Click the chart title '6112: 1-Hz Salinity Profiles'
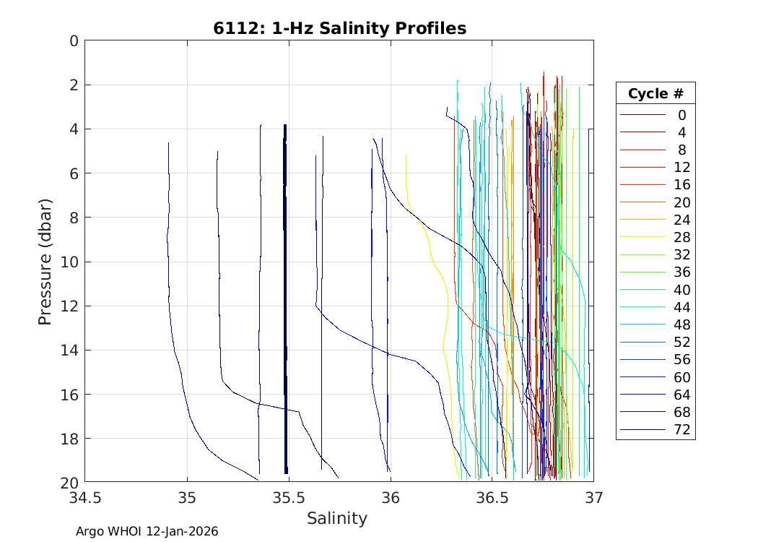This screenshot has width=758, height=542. (339, 28)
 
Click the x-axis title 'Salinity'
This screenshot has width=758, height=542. (337, 518)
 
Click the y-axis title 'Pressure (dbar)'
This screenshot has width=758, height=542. (45, 261)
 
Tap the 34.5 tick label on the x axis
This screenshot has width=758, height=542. (85, 498)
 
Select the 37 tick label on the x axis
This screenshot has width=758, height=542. (594, 498)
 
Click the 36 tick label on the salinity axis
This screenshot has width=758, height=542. (391, 498)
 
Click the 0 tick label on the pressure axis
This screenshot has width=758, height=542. (74, 41)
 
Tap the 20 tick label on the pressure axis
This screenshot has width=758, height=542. (69, 483)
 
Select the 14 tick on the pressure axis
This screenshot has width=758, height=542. (69, 350)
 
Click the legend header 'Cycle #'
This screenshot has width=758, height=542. (655, 94)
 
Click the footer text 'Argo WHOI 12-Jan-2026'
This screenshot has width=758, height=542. (147, 531)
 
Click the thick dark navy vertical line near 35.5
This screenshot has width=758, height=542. (286, 289)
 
